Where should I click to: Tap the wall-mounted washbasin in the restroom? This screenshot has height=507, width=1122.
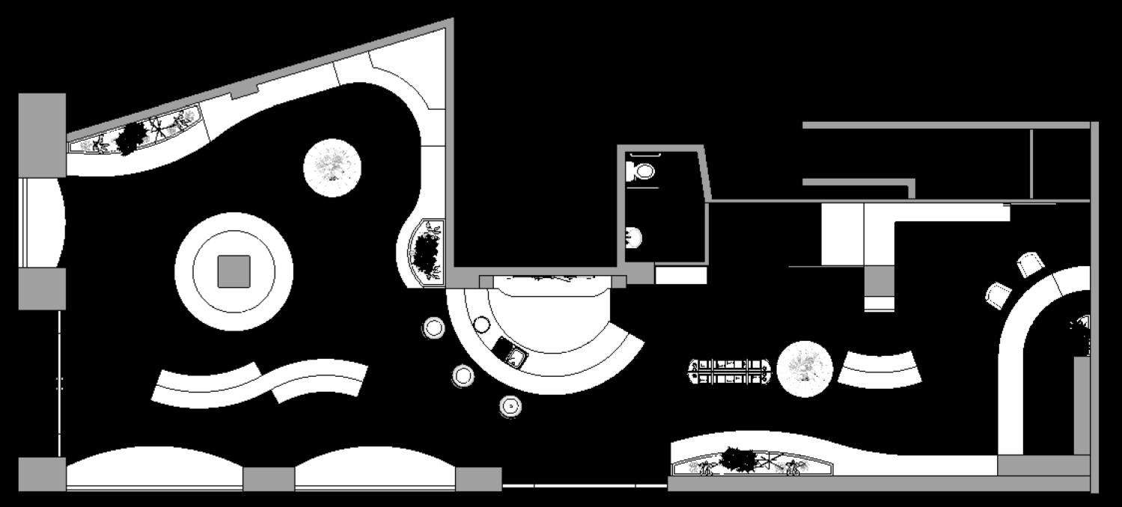[633, 237]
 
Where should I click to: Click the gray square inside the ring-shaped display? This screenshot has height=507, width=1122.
[234, 271]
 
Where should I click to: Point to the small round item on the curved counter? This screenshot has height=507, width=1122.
[481, 325]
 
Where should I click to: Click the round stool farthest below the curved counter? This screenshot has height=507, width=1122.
[510, 406]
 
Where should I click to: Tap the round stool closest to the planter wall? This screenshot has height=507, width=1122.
[434, 327]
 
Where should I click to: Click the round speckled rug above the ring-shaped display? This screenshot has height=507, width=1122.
[332, 168]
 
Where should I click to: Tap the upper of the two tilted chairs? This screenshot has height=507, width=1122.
[1030, 264]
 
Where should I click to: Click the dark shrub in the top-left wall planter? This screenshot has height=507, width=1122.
[132, 135]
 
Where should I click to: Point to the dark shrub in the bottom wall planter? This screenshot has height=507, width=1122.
[739, 460]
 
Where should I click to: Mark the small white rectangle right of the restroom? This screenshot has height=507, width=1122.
[681, 275]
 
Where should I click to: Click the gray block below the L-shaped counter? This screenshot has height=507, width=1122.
[879, 281]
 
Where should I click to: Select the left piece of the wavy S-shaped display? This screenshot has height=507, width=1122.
[204, 384]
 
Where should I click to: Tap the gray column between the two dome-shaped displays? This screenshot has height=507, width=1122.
[268, 479]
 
